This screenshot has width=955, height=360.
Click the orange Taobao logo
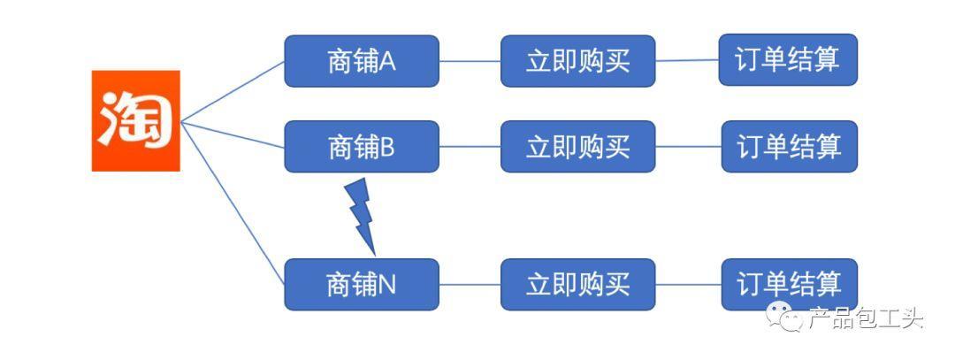pyautogui.click(x=136, y=120)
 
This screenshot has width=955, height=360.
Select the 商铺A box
pyautogui.click(x=361, y=61)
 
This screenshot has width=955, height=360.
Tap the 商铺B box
pyautogui.click(x=361, y=146)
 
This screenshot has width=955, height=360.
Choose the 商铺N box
pyautogui.click(x=361, y=284)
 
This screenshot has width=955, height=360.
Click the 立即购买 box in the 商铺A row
pyautogui.click(x=577, y=61)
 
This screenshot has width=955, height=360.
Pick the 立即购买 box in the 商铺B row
pyautogui.click(x=577, y=146)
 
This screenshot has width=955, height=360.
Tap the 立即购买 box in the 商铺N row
pyautogui.click(x=577, y=284)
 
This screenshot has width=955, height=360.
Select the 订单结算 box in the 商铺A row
pyautogui.click(x=788, y=60)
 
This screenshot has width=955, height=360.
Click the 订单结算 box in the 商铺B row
pyautogui.click(x=789, y=146)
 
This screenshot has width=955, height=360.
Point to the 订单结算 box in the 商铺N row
pyautogui.click(x=789, y=284)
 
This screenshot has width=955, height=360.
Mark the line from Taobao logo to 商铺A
pyautogui.click(x=232, y=90)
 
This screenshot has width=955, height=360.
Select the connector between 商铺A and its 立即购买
pyautogui.click(x=470, y=61)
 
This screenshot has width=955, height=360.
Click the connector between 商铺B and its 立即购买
pyautogui.click(x=470, y=146)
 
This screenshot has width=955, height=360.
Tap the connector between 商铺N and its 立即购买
pyautogui.click(x=470, y=284)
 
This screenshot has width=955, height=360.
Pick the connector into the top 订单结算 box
pyautogui.click(x=686, y=60)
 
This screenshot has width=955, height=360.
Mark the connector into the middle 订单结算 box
pyautogui.click(x=688, y=146)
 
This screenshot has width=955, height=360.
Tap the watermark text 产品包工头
pyautogui.click(x=865, y=318)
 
